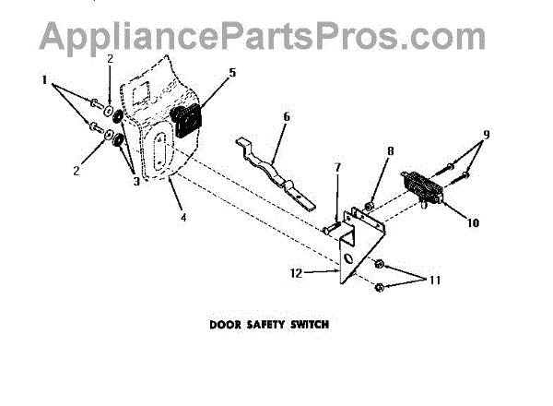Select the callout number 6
pos(287,117)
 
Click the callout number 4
pos(182,218)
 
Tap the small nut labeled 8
pos(369,203)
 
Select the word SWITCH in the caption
pos(308,325)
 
